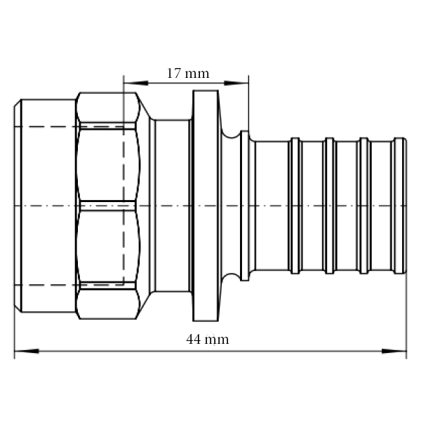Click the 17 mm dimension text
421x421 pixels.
pos(187,72)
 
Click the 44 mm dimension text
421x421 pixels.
pos(207,339)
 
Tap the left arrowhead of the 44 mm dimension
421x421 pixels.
pos(20,350)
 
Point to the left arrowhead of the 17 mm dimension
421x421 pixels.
pos(129,83)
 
